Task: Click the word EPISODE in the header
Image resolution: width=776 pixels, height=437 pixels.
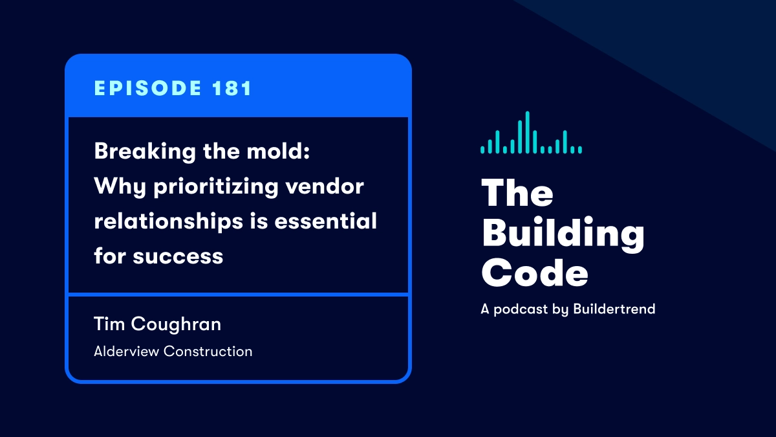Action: pyautogui.click(x=148, y=88)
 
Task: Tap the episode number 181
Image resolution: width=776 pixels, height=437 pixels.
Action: pyautogui.click(x=232, y=88)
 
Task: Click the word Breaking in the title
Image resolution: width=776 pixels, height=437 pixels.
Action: pyautogui.click(x=145, y=151)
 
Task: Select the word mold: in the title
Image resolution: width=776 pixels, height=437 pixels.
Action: pyautogui.click(x=278, y=151)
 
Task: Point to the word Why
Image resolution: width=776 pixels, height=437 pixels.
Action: pyautogui.click(x=120, y=187)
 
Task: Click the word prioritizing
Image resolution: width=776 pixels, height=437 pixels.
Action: pyautogui.click(x=216, y=187)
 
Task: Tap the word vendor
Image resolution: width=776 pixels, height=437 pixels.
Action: pyautogui.click(x=325, y=186)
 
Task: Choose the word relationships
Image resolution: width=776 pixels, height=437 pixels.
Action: pyautogui.click(x=168, y=221)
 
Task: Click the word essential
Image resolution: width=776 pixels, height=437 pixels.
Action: pyautogui.click(x=326, y=221)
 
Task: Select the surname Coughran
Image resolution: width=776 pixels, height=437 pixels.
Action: pyautogui.click(x=176, y=324)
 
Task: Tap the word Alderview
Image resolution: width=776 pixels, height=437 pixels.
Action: pyautogui.click(x=127, y=352)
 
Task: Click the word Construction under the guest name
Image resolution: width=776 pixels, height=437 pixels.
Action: pyautogui.click(x=208, y=352)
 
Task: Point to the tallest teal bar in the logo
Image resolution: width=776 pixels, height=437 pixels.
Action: pyautogui.click(x=527, y=132)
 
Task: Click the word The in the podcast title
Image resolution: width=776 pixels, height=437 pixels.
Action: pyautogui.click(x=517, y=193)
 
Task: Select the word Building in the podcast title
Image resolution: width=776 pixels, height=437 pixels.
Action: pyautogui.click(x=563, y=234)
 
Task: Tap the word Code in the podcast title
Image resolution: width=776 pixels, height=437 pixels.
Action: pyautogui.click(x=535, y=273)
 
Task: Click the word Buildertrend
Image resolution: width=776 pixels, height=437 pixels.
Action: pyautogui.click(x=614, y=309)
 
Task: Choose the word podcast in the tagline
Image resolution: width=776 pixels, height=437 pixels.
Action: pyautogui.click(x=521, y=309)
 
